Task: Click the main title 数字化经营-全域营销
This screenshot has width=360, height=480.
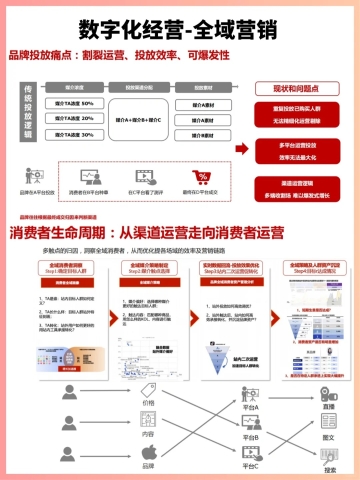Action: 180,25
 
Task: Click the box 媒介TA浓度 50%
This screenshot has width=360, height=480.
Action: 74,103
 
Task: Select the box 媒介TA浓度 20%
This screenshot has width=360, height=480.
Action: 74,118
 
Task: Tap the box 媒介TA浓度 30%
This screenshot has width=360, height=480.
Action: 74,133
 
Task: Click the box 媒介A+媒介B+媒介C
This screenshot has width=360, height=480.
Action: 139,118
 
